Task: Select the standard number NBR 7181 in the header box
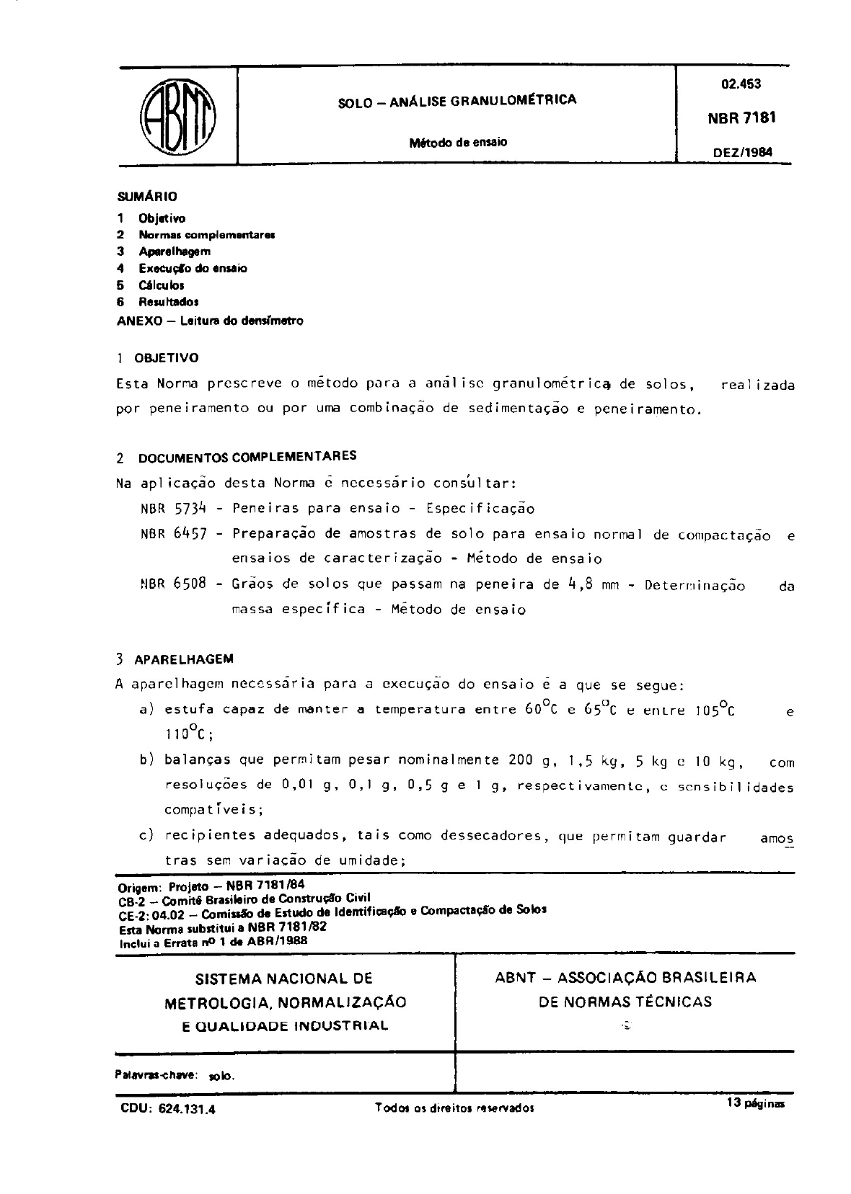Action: coord(742,117)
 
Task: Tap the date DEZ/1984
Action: coord(742,152)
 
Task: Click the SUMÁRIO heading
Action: coord(147,196)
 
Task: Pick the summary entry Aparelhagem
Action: coord(175,251)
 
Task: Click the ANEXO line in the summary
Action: coord(210,321)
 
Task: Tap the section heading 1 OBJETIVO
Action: coord(157,358)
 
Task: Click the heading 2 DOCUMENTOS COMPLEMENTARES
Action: coord(236,457)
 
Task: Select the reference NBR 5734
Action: coord(174,509)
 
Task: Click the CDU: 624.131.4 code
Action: coord(167,1109)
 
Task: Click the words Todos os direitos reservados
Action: coord(454,1108)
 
